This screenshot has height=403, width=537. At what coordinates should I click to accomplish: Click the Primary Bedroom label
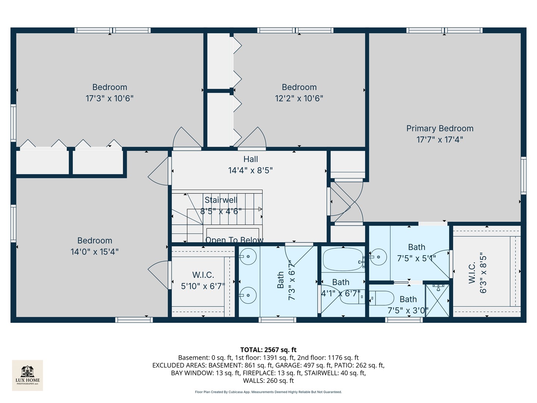(x=440, y=128)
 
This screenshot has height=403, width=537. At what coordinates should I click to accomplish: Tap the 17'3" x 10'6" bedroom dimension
(x=110, y=99)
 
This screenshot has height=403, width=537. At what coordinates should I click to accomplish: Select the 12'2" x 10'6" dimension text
(x=299, y=99)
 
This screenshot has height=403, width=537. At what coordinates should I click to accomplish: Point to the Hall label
(x=251, y=159)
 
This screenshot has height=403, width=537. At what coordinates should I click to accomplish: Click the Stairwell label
(x=221, y=200)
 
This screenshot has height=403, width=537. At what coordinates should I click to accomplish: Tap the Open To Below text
(x=234, y=240)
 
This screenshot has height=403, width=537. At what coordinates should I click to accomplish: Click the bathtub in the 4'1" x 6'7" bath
(x=342, y=259)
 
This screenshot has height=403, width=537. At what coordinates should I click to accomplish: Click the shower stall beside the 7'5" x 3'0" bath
(x=437, y=300)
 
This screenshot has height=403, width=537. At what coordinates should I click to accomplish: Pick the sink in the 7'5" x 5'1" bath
(x=379, y=257)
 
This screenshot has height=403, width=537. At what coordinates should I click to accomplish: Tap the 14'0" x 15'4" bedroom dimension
(x=95, y=252)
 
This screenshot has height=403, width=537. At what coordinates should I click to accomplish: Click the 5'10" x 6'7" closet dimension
(x=203, y=286)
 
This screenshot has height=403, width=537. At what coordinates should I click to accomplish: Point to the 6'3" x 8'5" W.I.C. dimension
(x=483, y=273)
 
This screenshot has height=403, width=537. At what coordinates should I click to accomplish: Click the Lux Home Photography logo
(x=28, y=375)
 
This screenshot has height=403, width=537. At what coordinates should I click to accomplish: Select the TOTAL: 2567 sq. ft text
(x=268, y=350)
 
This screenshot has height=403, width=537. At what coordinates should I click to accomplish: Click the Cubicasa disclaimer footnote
(x=268, y=392)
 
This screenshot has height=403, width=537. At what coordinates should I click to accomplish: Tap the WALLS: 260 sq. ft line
(x=268, y=381)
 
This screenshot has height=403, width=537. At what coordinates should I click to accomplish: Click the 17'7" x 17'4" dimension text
(x=440, y=140)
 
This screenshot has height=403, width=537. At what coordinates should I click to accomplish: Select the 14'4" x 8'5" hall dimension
(x=251, y=171)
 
